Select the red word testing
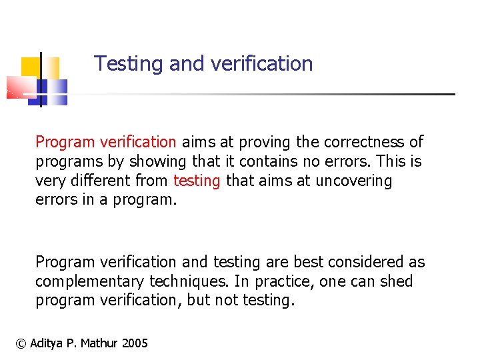click(197, 181)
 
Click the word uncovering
click(354, 181)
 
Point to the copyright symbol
click(21, 343)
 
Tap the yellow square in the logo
click(31, 67)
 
